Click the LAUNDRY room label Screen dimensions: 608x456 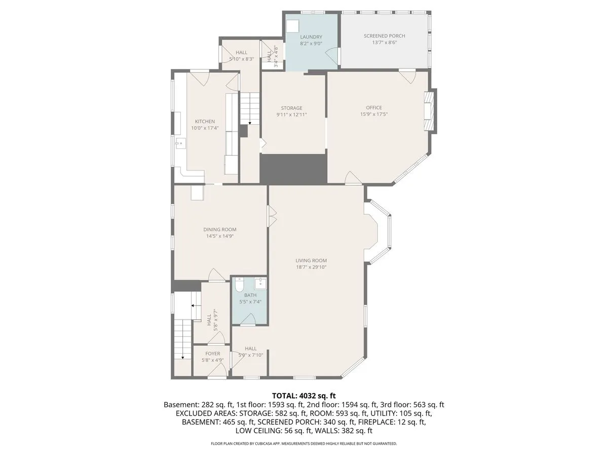311,37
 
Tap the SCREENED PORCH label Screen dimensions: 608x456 384,35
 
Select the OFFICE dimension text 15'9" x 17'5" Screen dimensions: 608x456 373,114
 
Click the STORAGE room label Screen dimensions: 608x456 291,108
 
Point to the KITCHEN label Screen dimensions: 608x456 205,121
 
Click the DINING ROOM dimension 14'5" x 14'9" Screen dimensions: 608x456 220,236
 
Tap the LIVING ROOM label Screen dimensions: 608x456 311,260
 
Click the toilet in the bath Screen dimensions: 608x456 239,285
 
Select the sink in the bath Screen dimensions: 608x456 260,284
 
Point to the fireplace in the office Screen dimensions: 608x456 429,111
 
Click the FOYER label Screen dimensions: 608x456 212,354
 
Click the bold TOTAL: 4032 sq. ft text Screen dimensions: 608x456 304,396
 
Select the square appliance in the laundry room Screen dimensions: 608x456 292,26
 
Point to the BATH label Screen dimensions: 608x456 250,295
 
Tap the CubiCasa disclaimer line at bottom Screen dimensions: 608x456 304,443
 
